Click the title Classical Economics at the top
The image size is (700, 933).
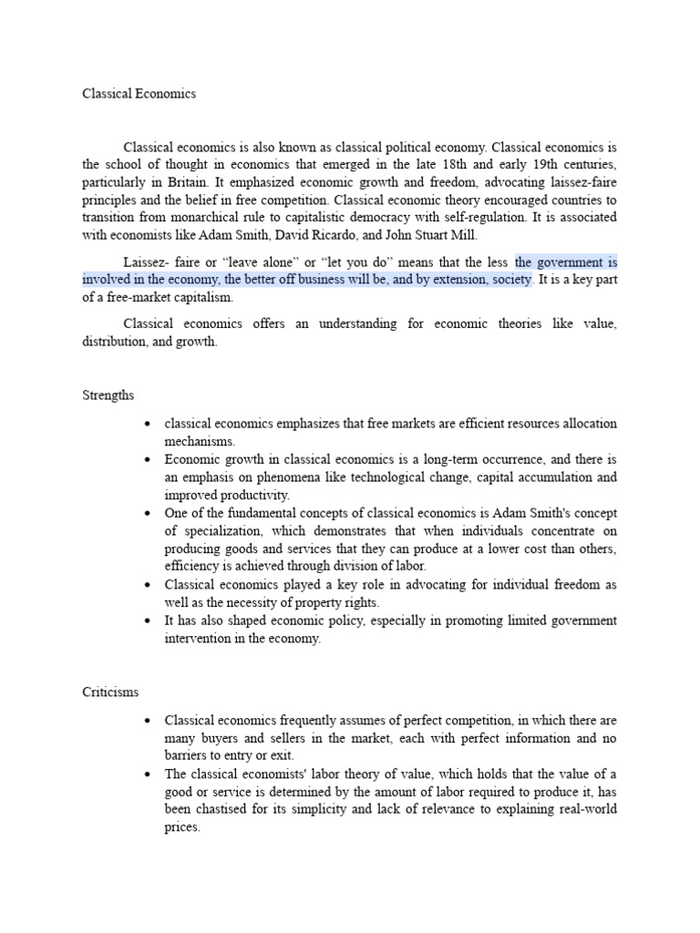coord(139,94)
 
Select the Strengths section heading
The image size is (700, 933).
coord(108,395)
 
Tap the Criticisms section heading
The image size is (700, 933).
coord(110,692)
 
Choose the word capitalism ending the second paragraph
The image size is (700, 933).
coord(205,297)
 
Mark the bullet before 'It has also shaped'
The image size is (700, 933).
coord(147,620)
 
